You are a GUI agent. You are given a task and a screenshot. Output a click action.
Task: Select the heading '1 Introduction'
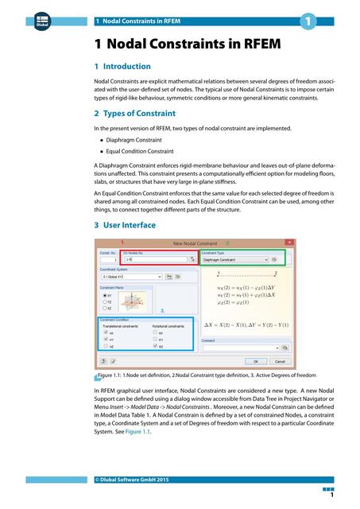point(122,67)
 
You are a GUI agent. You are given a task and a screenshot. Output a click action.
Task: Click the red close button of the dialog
point(289,243)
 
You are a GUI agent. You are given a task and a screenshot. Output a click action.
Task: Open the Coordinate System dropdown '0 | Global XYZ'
point(130,277)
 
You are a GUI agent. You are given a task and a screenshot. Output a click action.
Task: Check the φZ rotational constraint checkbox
point(154,347)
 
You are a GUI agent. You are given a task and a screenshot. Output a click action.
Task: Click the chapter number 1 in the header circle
point(306,21)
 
